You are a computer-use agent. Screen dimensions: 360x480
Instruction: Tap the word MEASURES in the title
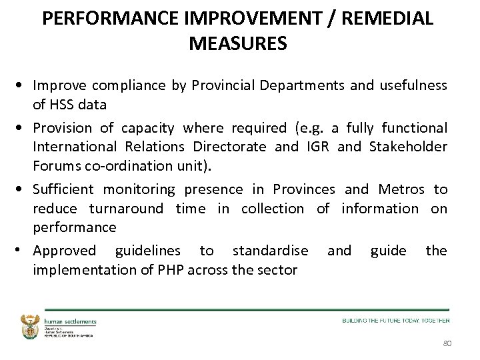click(238, 44)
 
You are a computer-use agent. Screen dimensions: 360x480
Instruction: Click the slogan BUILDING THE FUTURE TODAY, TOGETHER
click(396, 321)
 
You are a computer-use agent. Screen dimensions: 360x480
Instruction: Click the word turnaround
click(126, 208)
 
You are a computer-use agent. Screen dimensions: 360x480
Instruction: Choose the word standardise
click(270, 251)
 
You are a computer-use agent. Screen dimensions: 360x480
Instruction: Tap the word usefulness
click(413, 85)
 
